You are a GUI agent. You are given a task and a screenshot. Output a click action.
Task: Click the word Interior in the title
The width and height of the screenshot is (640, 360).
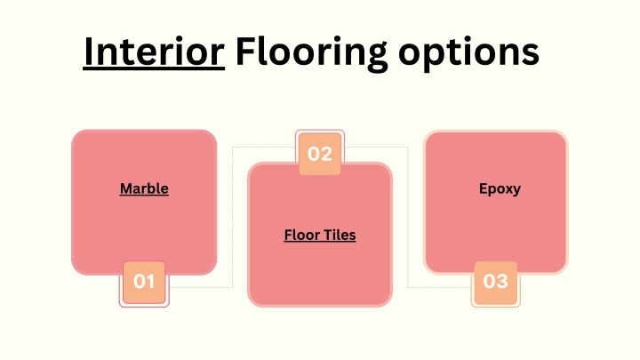154,52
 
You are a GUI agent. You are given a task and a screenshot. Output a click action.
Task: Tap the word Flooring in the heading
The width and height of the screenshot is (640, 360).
311,53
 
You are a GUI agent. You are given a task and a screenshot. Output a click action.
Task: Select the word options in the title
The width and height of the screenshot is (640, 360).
468,53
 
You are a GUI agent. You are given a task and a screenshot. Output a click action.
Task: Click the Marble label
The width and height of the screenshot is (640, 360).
144,188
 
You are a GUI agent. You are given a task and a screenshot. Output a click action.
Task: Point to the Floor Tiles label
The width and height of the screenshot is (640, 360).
320,235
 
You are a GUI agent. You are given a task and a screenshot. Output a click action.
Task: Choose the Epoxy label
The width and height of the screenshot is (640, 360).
500,189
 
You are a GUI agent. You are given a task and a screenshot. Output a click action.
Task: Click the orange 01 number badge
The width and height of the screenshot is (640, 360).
144,282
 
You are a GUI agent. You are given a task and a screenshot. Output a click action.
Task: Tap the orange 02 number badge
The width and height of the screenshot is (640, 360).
320,154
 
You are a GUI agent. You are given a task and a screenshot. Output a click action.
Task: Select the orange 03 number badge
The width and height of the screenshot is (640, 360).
495,283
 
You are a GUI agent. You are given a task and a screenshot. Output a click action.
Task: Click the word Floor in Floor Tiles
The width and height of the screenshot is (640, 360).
301,235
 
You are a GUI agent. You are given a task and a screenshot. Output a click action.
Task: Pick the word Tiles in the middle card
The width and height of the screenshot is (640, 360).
339,235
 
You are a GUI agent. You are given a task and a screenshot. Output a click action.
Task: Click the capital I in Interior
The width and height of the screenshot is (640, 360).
88,52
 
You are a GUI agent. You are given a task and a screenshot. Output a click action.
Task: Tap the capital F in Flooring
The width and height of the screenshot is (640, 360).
244,51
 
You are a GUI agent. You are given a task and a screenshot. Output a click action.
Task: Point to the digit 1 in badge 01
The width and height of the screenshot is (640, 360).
150,282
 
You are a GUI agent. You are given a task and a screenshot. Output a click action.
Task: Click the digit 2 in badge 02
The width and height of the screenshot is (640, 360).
326,154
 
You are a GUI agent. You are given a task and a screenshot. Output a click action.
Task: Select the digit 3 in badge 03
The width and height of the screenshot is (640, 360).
502,281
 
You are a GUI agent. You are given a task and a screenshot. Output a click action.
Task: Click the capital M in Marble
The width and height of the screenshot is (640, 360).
126,188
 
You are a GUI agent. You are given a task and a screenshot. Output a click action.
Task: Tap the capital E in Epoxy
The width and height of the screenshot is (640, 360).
484,188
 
